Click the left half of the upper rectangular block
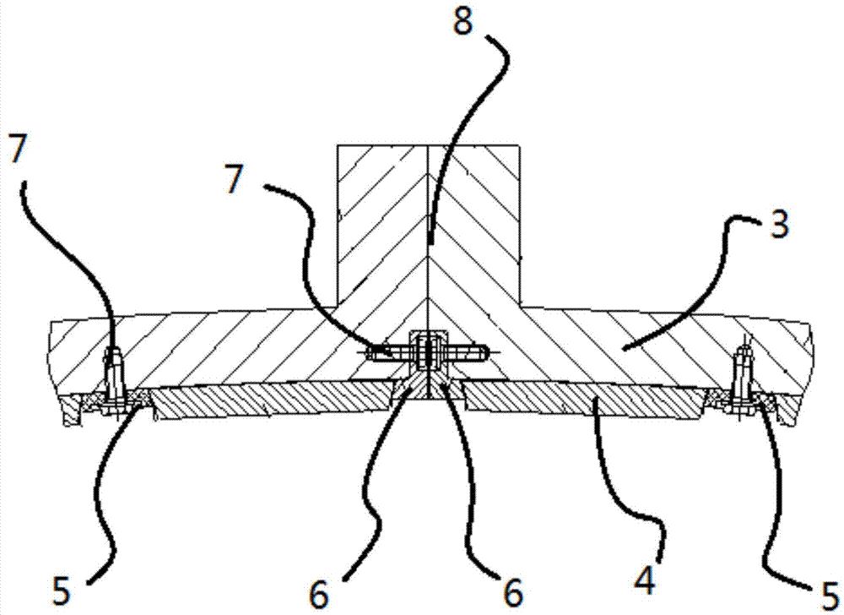click(381, 220)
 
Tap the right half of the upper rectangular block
click(474, 220)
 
